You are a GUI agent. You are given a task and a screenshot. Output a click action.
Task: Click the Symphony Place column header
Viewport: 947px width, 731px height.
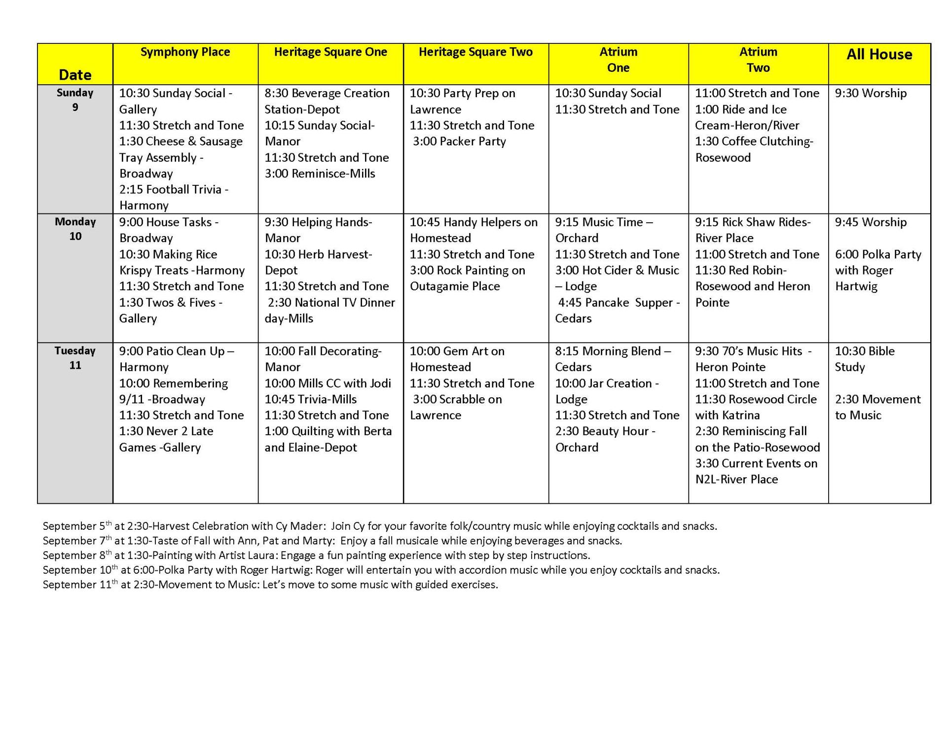tap(185, 52)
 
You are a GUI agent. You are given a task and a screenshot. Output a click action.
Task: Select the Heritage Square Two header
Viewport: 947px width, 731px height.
tap(475, 52)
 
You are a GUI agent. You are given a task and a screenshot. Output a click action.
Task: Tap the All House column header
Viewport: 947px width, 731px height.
tap(879, 54)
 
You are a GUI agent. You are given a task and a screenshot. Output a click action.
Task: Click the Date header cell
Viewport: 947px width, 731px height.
tap(75, 75)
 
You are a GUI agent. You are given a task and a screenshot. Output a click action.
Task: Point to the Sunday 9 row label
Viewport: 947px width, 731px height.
tap(75, 100)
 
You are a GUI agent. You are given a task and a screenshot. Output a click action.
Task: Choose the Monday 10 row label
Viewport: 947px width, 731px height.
tap(75, 229)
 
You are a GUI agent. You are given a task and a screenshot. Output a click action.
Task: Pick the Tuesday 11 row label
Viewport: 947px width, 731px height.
tap(75, 358)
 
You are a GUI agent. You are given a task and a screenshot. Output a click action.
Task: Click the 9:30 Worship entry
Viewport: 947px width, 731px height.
tap(871, 93)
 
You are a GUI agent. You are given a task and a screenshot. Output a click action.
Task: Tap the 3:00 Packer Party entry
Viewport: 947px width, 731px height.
tap(459, 141)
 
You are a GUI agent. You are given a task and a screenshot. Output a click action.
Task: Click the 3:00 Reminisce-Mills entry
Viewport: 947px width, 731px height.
tap(320, 174)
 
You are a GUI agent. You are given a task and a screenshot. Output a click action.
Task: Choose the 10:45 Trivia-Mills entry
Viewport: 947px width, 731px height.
tap(310, 399)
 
